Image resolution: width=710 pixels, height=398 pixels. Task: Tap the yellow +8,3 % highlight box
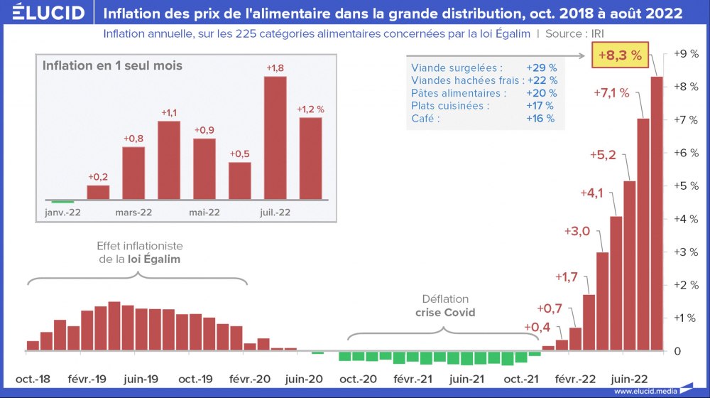(x=620, y=55)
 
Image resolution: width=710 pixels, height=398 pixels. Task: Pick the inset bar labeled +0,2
(x=98, y=192)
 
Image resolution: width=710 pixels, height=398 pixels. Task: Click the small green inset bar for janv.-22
(x=62, y=202)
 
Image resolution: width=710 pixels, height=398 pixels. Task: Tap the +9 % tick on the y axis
(x=682, y=53)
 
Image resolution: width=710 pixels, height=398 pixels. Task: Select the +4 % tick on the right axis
(x=682, y=219)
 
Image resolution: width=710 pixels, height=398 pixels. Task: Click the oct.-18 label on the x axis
(x=33, y=378)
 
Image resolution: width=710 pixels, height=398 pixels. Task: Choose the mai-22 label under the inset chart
(x=204, y=212)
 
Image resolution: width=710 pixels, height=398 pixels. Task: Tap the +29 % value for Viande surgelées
(x=541, y=68)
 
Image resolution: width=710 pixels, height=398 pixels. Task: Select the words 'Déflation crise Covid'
(x=445, y=306)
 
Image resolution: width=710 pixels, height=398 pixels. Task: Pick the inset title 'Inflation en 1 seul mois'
(x=112, y=65)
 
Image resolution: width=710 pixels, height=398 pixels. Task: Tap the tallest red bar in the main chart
(x=657, y=213)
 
